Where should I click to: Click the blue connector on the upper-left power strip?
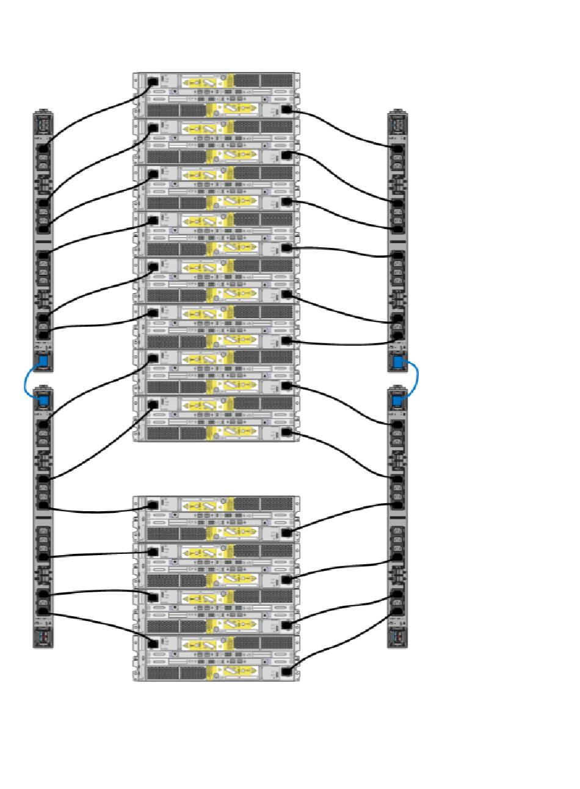43,362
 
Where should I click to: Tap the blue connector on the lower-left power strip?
43,401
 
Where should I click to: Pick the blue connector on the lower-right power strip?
397,400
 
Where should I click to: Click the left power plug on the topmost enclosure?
153,81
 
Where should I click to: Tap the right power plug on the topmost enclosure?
286,110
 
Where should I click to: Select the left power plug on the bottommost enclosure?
153,643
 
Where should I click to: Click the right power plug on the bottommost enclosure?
286,672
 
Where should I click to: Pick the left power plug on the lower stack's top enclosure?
153,505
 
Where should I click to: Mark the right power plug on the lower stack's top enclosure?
286,533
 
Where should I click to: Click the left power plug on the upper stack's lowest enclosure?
153,404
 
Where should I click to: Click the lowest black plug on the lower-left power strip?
43,612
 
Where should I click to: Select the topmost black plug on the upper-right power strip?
397,148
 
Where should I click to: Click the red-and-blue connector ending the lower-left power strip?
43,636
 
